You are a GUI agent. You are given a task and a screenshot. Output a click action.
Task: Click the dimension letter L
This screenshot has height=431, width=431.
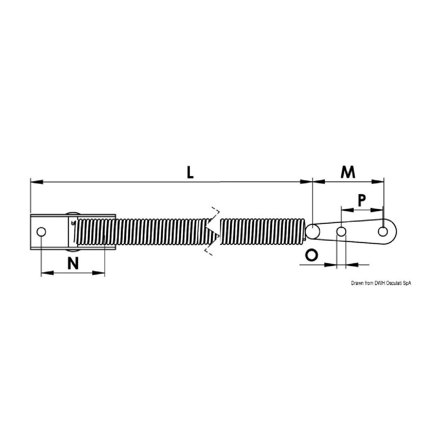coord(191,173)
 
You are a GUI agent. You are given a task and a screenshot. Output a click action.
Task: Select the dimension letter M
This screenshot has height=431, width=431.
coord(348,172)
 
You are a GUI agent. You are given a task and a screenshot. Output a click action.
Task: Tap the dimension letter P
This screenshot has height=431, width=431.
coord(361,200)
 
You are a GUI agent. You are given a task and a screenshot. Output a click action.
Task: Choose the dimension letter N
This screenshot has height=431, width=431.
coord(73,263)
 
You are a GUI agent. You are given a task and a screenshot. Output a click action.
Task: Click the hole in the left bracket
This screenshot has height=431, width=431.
coord(41,232)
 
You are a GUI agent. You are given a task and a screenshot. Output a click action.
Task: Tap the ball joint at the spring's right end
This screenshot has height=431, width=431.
coord(312,231)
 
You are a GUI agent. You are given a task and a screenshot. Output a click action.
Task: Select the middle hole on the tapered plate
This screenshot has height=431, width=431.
coord(341,232)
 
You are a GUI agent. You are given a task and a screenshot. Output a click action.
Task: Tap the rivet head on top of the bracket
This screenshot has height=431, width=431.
coord(73,213)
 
